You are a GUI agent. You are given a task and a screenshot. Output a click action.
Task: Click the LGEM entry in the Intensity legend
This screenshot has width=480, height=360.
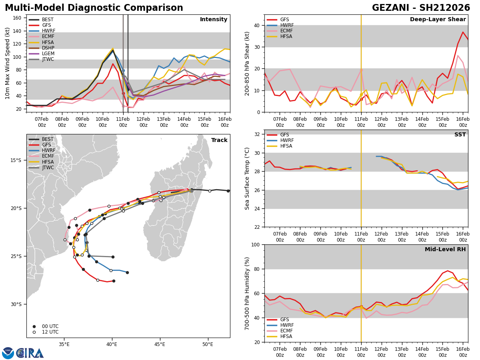click(x=48, y=54)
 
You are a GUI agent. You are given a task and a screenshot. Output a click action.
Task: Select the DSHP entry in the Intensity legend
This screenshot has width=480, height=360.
click(x=48, y=48)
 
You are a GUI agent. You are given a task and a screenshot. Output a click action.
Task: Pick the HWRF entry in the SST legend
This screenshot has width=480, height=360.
click(x=287, y=140)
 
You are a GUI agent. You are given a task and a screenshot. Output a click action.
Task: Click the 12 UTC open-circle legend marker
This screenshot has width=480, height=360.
click(x=50, y=332)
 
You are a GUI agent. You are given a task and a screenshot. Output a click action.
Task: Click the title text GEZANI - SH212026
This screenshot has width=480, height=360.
click(x=421, y=8)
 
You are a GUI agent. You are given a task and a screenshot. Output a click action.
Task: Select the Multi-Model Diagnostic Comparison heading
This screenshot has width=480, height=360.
click(x=94, y=8)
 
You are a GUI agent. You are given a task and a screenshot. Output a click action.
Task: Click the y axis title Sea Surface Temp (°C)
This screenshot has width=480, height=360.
click(x=248, y=178)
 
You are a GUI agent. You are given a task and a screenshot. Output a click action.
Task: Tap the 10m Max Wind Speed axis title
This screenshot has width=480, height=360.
click(x=8, y=63)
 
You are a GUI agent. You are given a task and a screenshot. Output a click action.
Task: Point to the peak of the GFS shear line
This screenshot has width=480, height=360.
click(x=463, y=32)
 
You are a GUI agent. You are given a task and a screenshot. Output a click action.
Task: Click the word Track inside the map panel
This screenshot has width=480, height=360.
click(x=219, y=140)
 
